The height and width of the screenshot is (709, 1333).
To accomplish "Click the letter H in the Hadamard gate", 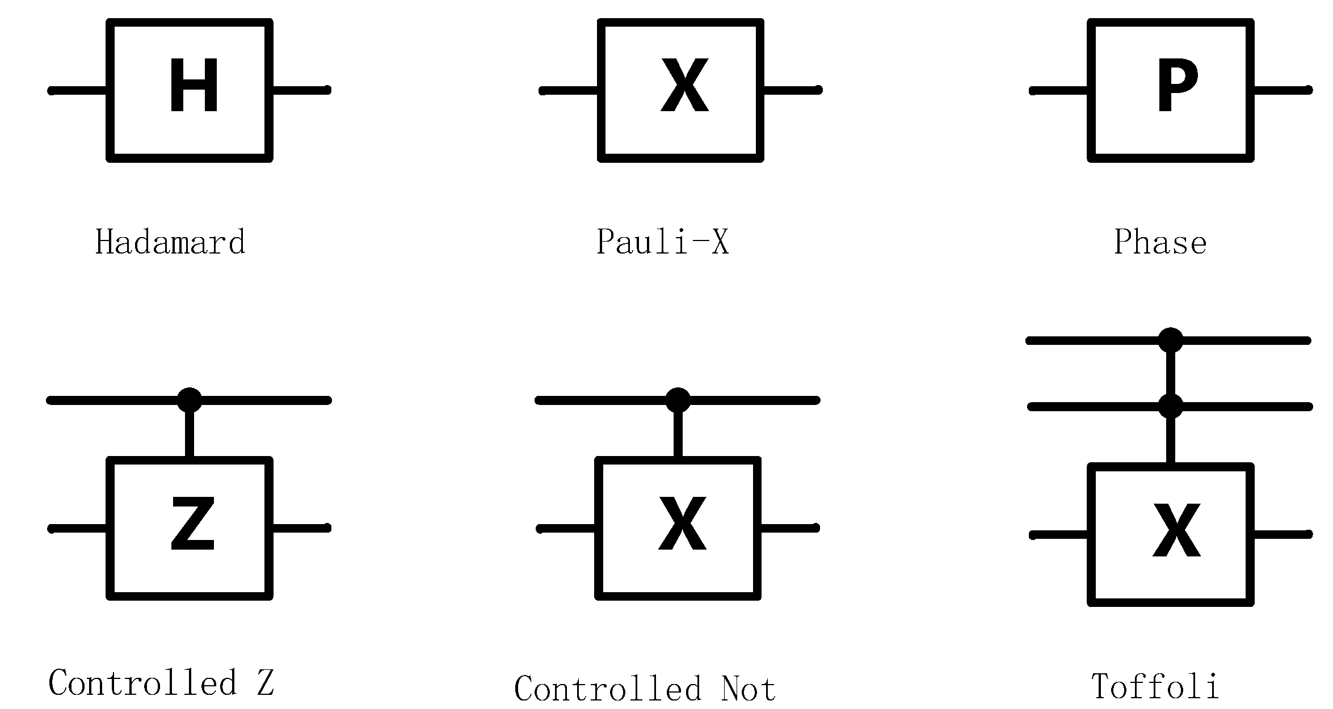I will coord(194,86).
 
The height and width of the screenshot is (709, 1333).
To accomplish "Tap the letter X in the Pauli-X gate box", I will coord(685,86).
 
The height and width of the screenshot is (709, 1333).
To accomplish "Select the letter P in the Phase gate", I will coord(1177,86).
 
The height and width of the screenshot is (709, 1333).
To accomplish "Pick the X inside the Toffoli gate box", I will coord(1176,530).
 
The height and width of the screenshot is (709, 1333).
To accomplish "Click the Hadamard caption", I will coord(170,242).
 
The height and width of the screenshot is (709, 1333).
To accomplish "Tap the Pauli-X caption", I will coord(662,242).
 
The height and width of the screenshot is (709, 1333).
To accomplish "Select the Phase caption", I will coord(1160,242).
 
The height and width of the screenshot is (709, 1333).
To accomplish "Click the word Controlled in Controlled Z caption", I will coord(142,682).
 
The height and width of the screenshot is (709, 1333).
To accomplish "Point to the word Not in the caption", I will coord(748,689).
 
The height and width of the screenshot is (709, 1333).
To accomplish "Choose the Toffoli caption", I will coord(1155,686).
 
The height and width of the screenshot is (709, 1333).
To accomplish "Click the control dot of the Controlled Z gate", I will coord(190,400).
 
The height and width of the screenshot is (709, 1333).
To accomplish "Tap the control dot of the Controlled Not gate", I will coord(678,400).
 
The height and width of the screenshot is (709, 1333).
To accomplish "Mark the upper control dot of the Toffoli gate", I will coord(1171,340).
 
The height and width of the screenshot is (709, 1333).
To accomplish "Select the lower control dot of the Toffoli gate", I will coord(1171,407).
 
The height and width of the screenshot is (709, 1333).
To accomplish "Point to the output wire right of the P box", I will coord(1281,90).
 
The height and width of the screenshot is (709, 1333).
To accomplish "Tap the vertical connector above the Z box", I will coord(190,434).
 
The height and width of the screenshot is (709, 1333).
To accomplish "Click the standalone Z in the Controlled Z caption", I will coord(265,682).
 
